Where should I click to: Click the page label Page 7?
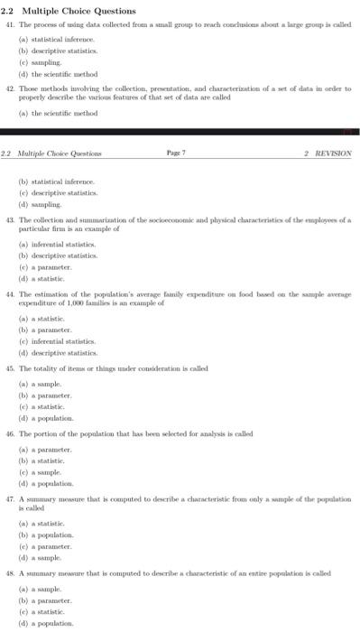coord(175,153)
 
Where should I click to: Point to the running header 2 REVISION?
coord(328,153)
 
